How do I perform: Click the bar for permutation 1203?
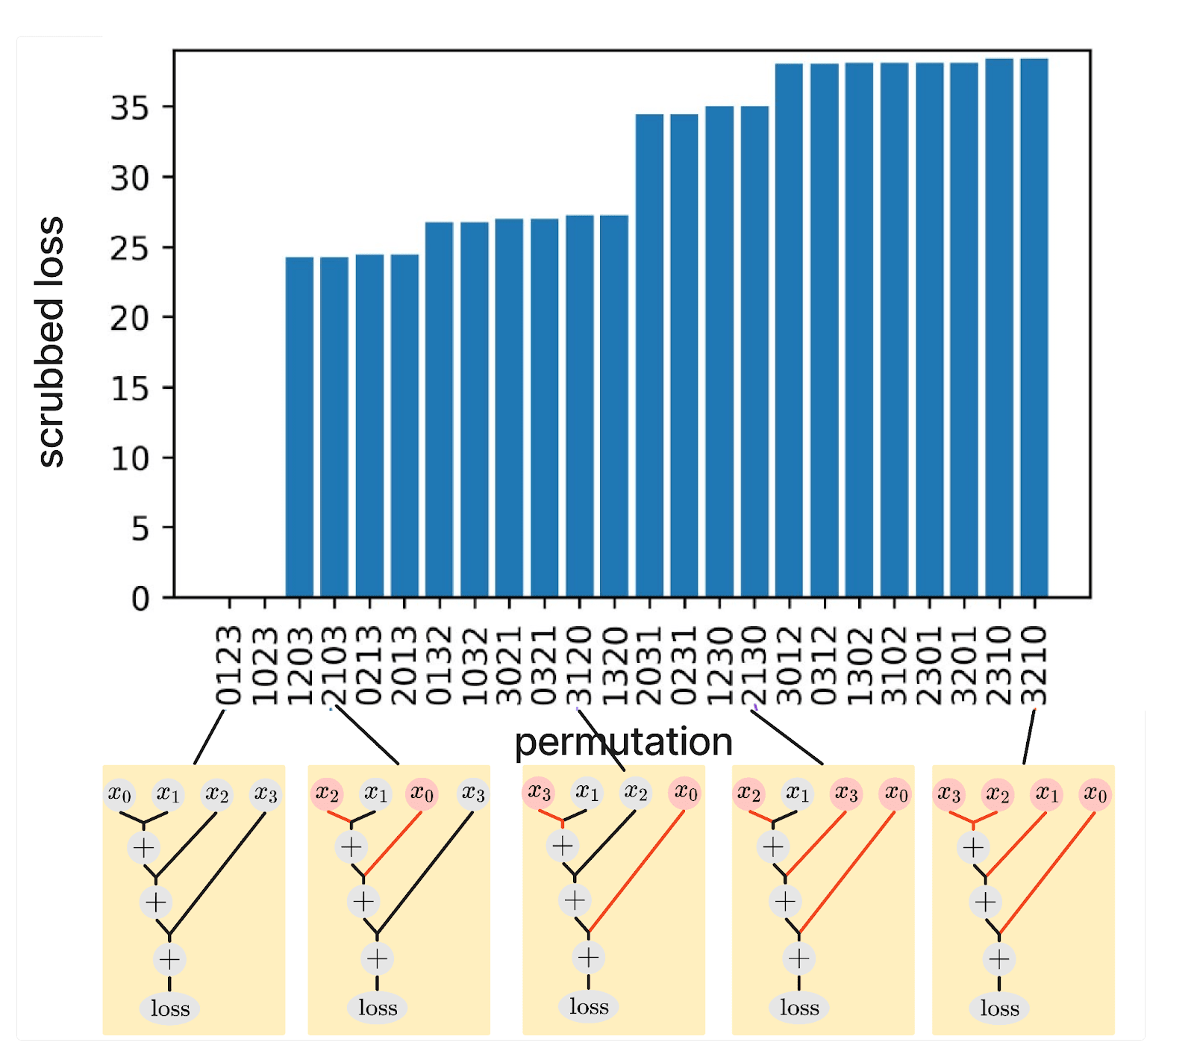(299, 427)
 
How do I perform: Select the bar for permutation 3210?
(1034, 328)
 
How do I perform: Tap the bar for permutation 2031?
(649, 355)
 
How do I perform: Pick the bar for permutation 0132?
(440, 410)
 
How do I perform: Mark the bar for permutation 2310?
(999, 328)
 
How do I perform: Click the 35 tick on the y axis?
(130, 108)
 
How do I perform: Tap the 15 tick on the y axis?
(130, 388)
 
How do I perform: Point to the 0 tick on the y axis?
(140, 599)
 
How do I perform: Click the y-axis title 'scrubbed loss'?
(51, 342)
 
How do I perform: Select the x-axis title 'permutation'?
(624, 742)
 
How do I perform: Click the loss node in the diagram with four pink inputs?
(999, 1008)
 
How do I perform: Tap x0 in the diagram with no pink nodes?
(119, 793)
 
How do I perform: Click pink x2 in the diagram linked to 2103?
(327, 793)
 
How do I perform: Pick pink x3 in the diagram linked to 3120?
(539, 791)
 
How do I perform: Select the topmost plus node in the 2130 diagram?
(772, 846)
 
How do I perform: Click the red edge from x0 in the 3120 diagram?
(637, 871)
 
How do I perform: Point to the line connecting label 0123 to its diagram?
(209, 738)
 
